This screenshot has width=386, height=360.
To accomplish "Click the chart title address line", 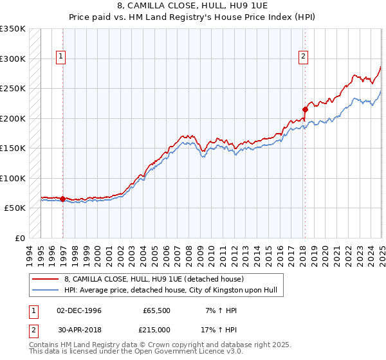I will click(193, 5).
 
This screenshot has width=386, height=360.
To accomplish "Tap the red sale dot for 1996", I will click(62, 199).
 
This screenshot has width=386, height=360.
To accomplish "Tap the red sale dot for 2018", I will click(305, 109).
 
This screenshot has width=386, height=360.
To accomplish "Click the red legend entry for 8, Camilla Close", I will click(154, 279).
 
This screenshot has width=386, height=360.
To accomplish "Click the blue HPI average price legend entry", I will click(170, 291).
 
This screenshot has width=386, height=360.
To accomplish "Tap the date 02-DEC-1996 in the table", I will click(79, 310).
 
